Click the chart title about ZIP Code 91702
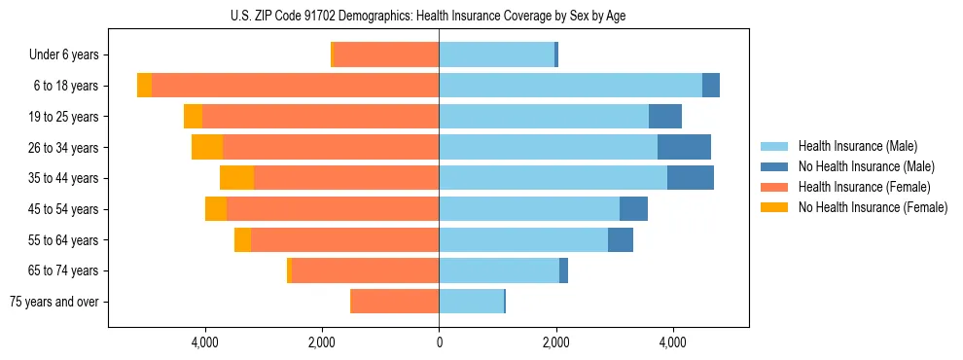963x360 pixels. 439,16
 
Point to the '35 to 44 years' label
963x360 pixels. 63,178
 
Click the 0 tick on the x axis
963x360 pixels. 439,342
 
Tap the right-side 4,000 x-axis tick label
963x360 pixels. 672,342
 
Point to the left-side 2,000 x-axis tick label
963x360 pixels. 322,342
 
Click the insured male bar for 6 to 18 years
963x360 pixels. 570,86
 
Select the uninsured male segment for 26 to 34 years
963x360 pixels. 684,147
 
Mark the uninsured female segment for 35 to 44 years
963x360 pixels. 236,178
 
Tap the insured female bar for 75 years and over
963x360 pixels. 395,302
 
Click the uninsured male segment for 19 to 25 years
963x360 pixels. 665,117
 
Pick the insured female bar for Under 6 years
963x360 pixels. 386,55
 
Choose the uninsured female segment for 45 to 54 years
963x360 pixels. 216,209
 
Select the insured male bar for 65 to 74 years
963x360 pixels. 499,270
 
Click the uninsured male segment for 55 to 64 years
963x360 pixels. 621,239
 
